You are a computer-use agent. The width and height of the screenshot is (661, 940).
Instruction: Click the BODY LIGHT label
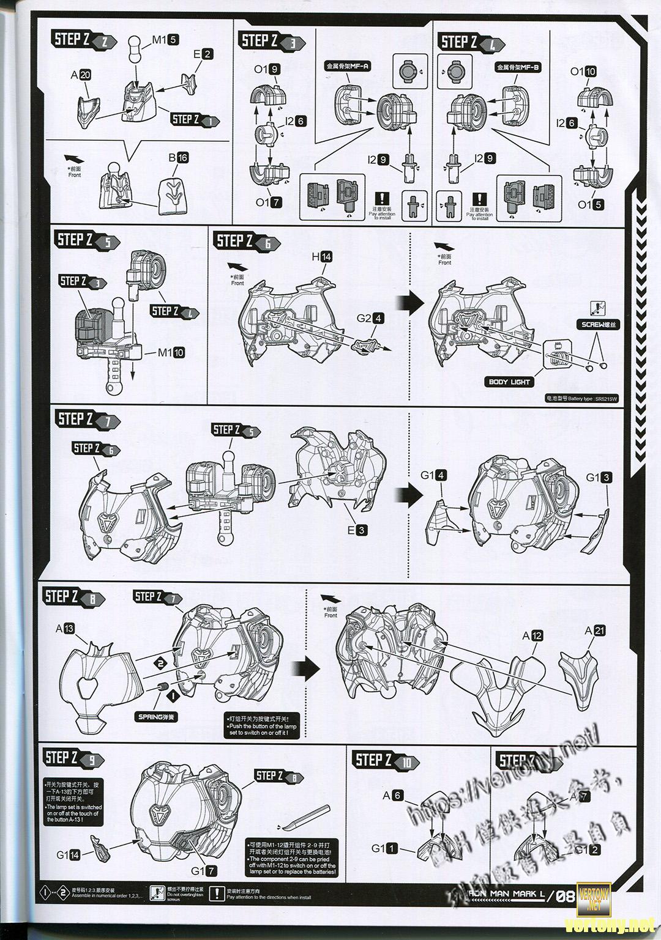[509, 382]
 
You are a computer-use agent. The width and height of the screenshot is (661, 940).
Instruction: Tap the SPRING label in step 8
[157, 716]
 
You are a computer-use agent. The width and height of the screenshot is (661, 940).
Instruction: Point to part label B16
[178, 158]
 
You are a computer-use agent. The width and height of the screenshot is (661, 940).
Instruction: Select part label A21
[595, 631]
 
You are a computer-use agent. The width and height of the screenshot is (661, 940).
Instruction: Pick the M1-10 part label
[171, 352]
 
